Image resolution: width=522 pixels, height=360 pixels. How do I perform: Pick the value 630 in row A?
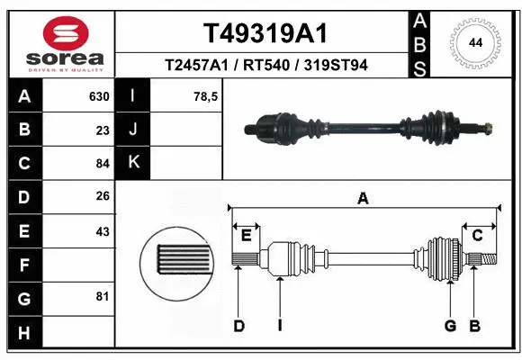click(98, 96)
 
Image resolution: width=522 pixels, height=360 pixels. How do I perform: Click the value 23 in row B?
click(102, 130)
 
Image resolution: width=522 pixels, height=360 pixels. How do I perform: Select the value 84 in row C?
click(102, 164)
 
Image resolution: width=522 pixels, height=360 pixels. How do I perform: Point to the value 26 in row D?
click(102, 196)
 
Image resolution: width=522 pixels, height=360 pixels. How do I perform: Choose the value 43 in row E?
click(102, 231)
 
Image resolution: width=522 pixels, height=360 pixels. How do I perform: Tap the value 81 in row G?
click(102, 296)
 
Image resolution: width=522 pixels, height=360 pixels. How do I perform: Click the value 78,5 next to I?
click(207, 96)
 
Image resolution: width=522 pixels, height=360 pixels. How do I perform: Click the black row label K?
click(133, 163)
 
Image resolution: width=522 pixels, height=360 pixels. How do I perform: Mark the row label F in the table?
click(23, 265)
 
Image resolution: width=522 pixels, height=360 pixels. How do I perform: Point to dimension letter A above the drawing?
click(363, 199)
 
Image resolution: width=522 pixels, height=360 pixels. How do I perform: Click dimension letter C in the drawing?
click(478, 236)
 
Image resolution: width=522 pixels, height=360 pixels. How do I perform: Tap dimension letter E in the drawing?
click(246, 236)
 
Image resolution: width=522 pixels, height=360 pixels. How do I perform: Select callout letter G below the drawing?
click(450, 326)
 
